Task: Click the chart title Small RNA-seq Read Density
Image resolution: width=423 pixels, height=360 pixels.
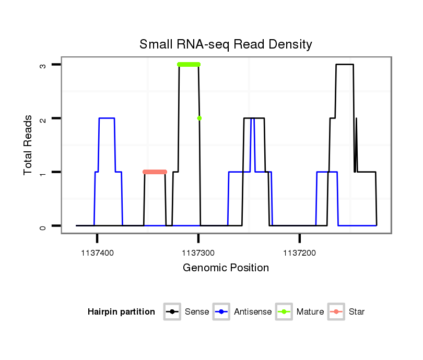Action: (x=226, y=44)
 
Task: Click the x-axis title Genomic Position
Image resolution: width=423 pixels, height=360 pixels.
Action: (x=226, y=268)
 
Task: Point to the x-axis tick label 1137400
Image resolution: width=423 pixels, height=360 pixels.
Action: (x=97, y=253)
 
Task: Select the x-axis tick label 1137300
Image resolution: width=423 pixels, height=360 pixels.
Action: (x=198, y=253)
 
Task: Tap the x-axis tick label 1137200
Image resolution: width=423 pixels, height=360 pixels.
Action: (x=300, y=253)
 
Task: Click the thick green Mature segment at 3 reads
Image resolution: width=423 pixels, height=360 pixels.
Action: (x=189, y=65)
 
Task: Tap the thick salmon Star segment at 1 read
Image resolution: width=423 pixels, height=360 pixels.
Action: (x=155, y=172)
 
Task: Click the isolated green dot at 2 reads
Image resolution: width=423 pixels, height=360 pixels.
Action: (x=199, y=118)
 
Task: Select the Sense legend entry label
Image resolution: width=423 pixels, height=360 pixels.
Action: (x=197, y=312)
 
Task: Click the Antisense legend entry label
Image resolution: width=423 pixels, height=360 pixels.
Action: (x=253, y=312)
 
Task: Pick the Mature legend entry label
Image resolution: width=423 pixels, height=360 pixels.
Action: (x=310, y=312)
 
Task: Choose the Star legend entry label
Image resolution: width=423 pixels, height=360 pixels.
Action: (x=357, y=312)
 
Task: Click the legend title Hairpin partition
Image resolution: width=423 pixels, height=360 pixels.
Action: (x=121, y=312)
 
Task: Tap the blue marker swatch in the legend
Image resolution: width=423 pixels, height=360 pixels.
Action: (x=222, y=312)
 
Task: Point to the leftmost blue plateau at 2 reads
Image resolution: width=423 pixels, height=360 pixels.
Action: (x=107, y=118)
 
